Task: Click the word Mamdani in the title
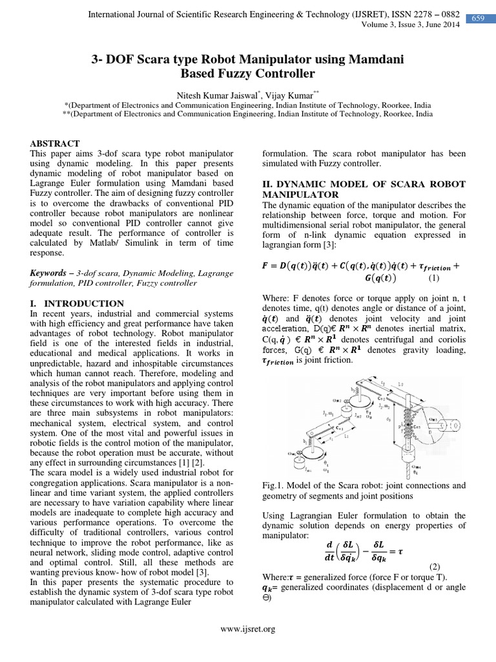(371, 59)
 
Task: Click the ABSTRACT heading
(55, 143)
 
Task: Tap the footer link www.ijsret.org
(248, 628)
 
